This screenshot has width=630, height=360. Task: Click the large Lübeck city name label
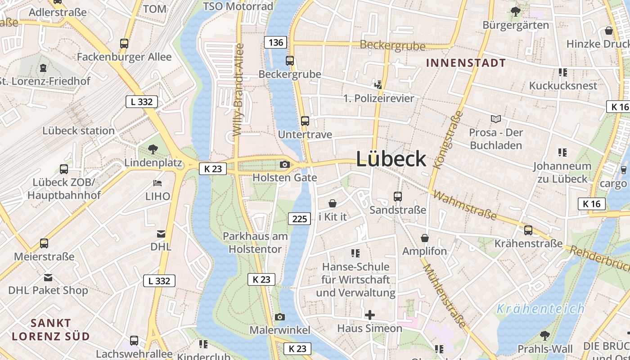tap(391, 159)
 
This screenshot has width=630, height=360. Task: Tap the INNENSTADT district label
tap(466, 63)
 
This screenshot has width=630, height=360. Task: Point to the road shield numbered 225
tap(299, 219)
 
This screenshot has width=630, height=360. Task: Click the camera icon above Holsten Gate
tap(284, 165)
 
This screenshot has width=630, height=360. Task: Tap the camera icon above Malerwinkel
tap(280, 317)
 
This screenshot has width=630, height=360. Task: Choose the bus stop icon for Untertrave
tap(305, 121)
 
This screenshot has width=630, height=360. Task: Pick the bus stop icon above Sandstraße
tap(398, 197)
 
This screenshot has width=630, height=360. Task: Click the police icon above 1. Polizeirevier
tap(378, 85)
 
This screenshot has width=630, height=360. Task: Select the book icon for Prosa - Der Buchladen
tap(496, 119)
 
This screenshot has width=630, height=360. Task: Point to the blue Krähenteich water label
tap(540, 309)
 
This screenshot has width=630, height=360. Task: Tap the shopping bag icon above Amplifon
tap(425, 238)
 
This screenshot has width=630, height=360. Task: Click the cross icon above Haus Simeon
tap(370, 315)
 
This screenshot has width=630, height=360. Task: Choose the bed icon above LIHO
tap(157, 183)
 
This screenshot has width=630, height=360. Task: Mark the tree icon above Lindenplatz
tap(153, 149)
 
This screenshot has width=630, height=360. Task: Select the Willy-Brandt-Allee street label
tap(238, 90)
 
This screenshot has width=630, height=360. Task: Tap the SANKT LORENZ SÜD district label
tap(51, 329)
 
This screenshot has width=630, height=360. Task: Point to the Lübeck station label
tap(78, 131)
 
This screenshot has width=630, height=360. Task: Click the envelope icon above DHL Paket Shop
tap(48, 278)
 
